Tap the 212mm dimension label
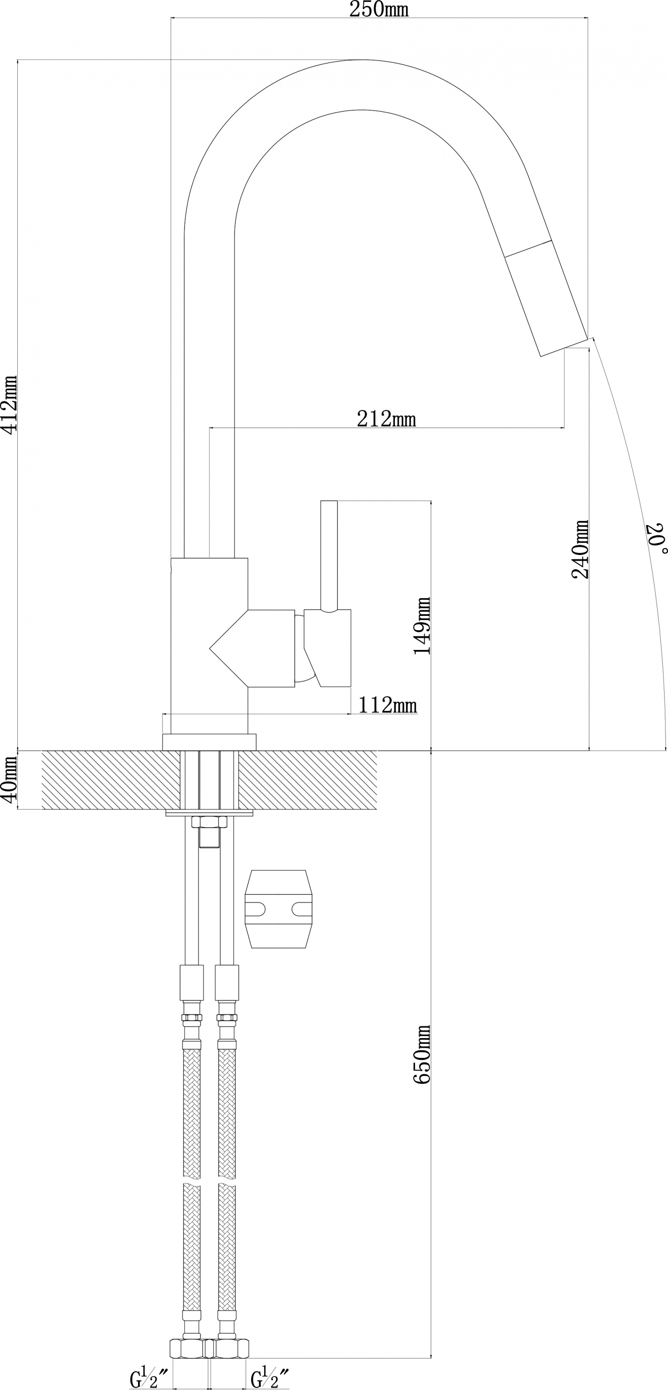click(387, 419)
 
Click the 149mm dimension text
click(422, 626)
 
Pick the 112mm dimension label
click(387, 705)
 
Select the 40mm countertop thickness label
click(10, 779)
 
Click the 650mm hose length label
click(422, 1054)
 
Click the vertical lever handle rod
click(329, 556)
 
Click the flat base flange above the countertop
click(209, 742)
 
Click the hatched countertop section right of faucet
click(308, 780)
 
